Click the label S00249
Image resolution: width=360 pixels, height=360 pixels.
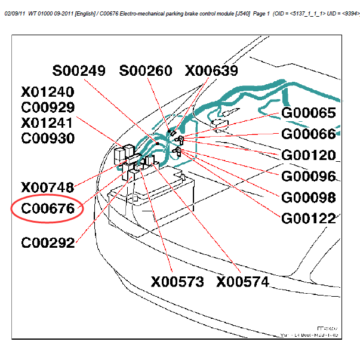(79, 71)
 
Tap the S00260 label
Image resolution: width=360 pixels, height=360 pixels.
(146, 71)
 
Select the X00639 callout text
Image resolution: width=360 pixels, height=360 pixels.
(211, 71)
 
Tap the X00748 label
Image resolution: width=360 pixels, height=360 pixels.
(47, 187)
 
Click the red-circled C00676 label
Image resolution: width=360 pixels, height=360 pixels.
(47, 209)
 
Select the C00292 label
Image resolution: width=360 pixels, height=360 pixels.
(47, 243)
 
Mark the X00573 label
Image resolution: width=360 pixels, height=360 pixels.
(177, 282)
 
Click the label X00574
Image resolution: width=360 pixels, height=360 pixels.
(243, 282)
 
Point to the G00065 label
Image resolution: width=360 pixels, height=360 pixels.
(308, 113)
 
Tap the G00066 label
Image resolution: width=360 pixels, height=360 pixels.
(308, 134)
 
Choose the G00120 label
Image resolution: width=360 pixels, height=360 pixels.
(308, 155)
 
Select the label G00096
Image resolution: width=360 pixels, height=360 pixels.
(308, 177)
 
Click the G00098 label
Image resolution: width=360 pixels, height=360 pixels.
(308, 198)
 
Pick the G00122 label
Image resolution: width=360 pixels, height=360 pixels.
(308, 219)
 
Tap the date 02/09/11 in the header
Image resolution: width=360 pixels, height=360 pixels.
(14, 13)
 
